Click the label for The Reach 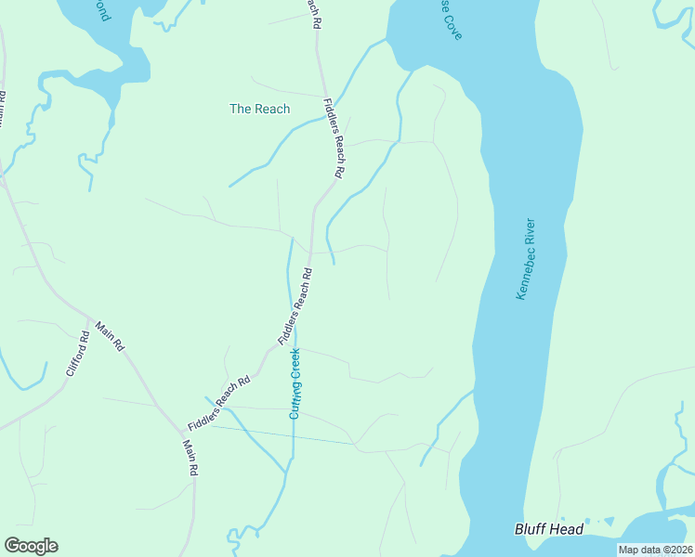click(x=260, y=109)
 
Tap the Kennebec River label click(x=527, y=258)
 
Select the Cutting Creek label click(x=295, y=382)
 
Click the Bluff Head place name click(x=549, y=529)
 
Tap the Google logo click(x=31, y=546)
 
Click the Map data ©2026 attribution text click(x=655, y=550)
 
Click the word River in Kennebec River click(x=531, y=231)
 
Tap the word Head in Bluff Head click(x=567, y=529)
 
